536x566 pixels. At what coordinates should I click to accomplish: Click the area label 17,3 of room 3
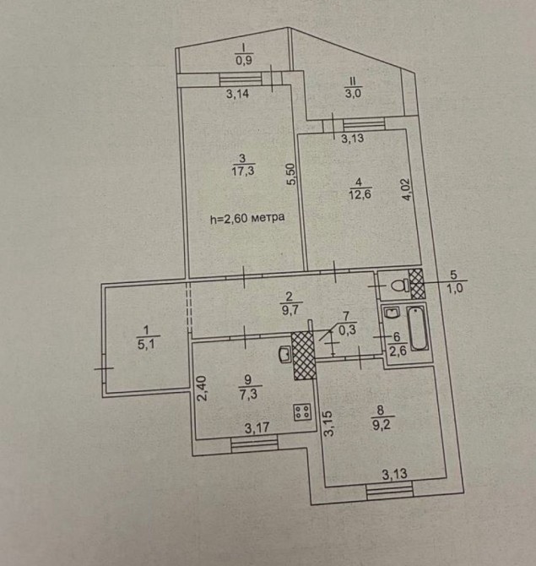point(242,171)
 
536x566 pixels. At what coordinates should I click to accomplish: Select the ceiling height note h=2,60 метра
point(246,218)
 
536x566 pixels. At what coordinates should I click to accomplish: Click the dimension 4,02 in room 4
point(407,188)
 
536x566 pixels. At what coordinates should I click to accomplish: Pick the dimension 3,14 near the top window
point(237,95)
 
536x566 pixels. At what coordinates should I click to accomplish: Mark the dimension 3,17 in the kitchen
point(257,428)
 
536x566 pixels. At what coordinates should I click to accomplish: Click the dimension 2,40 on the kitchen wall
point(201,389)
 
